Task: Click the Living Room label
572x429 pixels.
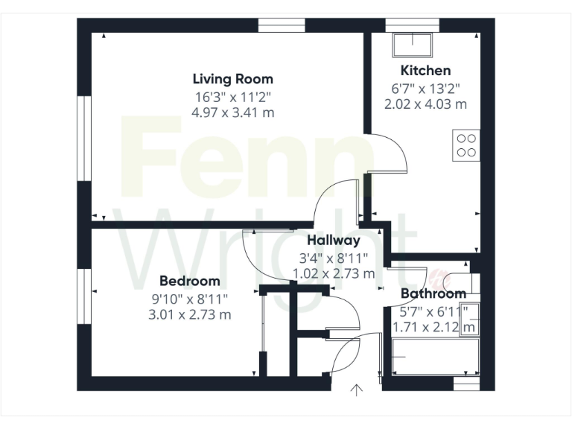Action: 232,79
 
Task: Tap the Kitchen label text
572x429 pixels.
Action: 425,71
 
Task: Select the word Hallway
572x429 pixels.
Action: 334,240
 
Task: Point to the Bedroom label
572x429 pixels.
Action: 190,281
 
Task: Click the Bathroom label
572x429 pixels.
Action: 433,293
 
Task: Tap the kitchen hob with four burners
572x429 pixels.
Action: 467,144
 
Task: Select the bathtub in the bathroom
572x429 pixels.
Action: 432,358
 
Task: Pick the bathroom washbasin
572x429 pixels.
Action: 469,319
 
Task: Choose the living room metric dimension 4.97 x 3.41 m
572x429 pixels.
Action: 232,112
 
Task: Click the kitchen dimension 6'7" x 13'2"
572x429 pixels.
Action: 425,88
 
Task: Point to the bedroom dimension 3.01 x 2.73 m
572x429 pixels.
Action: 190,314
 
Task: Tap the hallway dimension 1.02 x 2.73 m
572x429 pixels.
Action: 334,273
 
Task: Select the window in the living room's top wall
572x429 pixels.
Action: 282,25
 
